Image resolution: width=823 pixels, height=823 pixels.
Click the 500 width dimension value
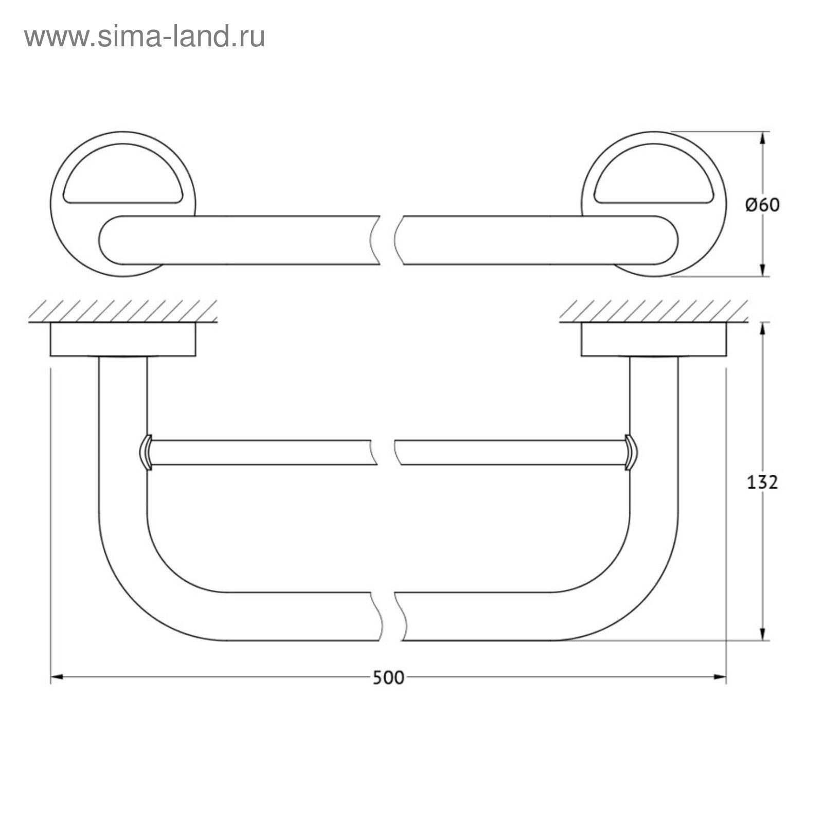tap(388, 677)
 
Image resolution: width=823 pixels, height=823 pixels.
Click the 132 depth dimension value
tap(762, 482)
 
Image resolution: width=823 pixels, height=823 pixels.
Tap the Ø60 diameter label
tap(762, 205)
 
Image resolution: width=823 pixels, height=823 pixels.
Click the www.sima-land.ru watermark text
tap(145, 37)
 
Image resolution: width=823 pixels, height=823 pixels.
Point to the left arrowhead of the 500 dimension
tap(57, 677)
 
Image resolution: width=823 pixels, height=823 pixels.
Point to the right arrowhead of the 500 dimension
tap(720, 677)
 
